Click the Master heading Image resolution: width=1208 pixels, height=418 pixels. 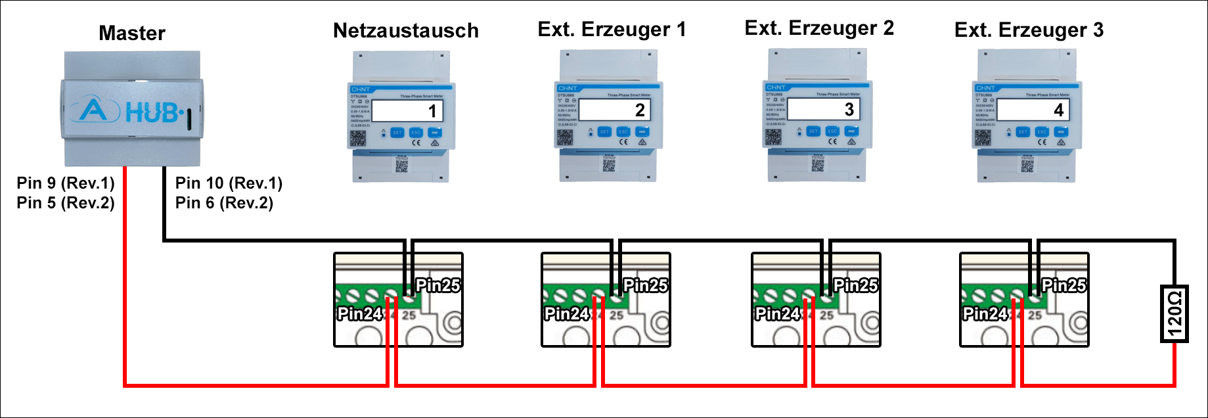(x=132, y=34)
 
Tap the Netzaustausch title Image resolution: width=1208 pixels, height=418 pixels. (x=406, y=31)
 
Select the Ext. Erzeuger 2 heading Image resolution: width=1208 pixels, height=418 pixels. (x=819, y=28)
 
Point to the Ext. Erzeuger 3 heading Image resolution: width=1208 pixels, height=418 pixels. (x=1029, y=30)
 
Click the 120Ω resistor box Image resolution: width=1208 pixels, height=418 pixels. (x=1174, y=314)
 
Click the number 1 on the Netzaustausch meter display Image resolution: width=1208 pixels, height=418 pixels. (x=432, y=111)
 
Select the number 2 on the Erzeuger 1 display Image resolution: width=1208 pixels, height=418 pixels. (x=640, y=110)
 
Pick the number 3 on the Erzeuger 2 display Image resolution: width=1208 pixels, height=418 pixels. (x=849, y=109)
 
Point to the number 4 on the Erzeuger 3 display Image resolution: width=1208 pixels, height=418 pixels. (x=1058, y=110)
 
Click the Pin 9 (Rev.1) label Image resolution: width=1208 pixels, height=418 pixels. (x=66, y=183)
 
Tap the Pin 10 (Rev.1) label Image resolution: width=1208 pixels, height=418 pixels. (x=229, y=183)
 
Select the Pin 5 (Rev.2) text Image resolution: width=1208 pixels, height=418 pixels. (x=66, y=203)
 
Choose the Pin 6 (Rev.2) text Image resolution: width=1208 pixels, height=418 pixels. (x=224, y=203)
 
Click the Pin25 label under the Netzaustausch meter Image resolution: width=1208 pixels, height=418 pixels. (x=438, y=285)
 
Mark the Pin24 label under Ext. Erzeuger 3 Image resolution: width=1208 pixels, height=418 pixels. (x=985, y=314)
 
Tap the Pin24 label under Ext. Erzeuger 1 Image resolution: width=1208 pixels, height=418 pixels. (x=567, y=314)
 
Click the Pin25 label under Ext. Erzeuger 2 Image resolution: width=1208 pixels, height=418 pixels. (x=855, y=285)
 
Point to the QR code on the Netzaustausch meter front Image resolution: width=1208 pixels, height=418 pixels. (x=357, y=139)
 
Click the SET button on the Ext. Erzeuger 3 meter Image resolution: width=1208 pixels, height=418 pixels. (x=1023, y=132)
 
